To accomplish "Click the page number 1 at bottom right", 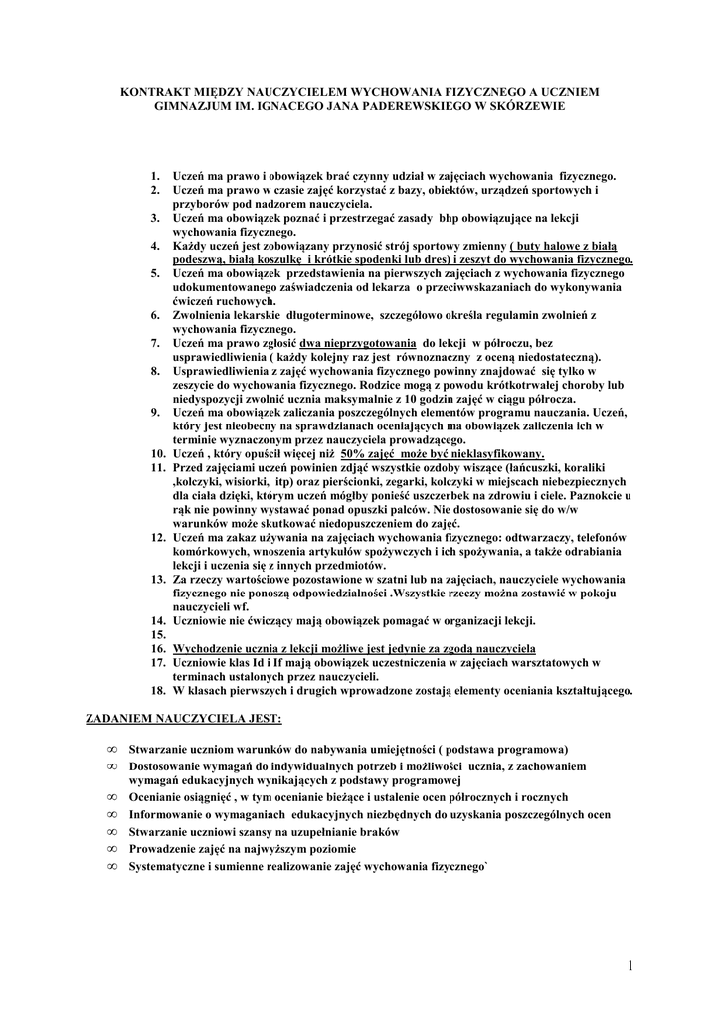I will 630,965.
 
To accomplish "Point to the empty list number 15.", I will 157,633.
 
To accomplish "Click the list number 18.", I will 157,690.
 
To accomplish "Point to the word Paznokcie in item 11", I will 593,494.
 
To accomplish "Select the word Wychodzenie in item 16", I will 209,647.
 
